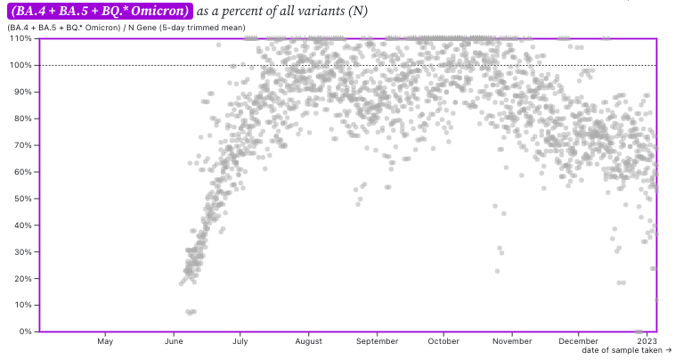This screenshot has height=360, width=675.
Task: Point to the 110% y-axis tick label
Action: click(x=19, y=39)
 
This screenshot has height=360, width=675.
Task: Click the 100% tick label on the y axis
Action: click(x=19, y=65)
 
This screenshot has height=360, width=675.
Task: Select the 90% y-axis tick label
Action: click(x=20, y=92)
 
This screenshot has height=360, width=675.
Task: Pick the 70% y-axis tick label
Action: click(x=20, y=145)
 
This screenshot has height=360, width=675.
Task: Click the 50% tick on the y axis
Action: click(x=20, y=198)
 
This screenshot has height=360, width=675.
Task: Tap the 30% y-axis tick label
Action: click(x=20, y=251)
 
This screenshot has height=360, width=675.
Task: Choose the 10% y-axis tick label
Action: click(x=20, y=305)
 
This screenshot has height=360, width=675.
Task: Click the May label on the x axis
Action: click(x=105, y=341)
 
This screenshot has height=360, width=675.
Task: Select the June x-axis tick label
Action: click(x=174, y=341)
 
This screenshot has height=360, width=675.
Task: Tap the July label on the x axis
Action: click(x=240, y=341)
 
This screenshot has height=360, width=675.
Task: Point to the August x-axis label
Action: click(x=308, y=341)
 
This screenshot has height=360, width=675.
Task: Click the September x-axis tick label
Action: click(x=377, y=341)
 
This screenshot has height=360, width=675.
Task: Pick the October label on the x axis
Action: click(x=443, y=341)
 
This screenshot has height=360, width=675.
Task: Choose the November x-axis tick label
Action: click(x=512, y=341)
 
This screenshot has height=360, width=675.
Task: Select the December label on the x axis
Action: click(x=579, y=341)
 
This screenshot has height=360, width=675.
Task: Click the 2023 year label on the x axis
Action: click(x=647, y=341)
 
